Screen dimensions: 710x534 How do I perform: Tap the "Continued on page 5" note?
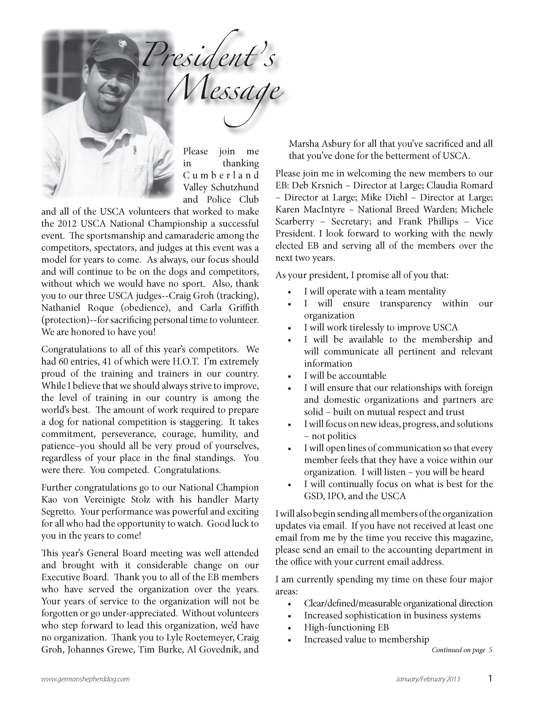(x=462, y=650)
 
